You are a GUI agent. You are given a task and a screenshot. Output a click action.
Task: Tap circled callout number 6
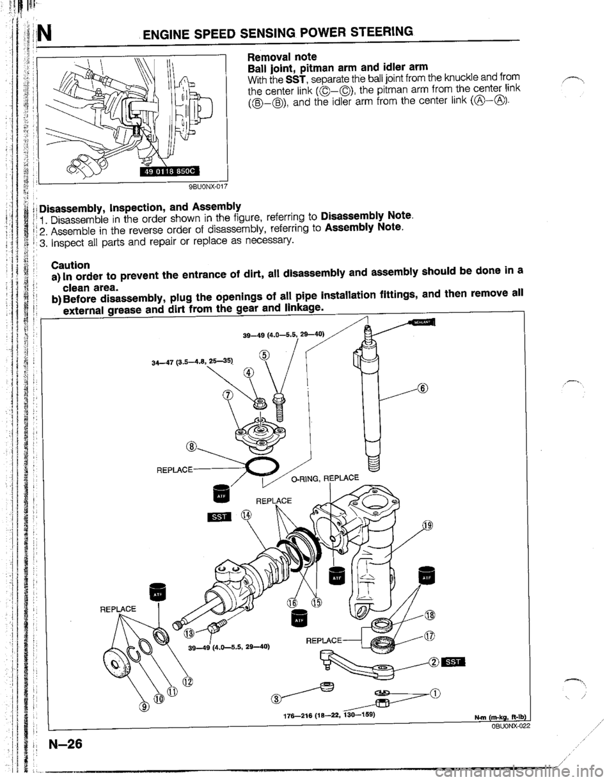(x=421, y=387)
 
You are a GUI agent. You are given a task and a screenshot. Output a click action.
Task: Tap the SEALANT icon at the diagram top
(x=423, y=321)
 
